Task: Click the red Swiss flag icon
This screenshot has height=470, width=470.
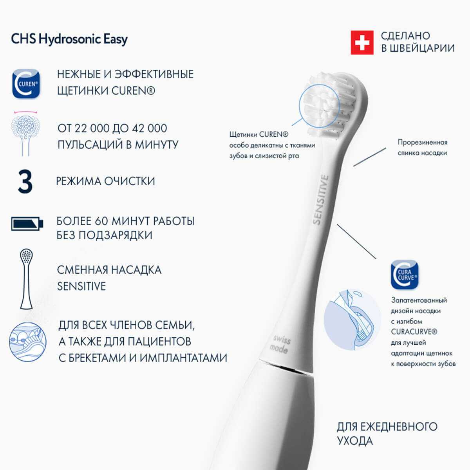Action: point(362,42)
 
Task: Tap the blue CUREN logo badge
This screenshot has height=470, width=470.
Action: point(26,84)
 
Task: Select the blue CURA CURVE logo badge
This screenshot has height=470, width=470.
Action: point(404,275)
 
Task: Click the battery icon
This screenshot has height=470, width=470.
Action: point(27,224)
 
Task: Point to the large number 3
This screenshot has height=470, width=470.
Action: point(25,182)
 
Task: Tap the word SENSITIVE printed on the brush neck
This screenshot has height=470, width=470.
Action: point(321,199)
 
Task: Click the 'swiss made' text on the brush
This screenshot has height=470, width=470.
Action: point(280,344)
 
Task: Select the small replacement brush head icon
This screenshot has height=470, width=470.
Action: point(26,279)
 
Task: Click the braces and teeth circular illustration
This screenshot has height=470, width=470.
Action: point(27,342)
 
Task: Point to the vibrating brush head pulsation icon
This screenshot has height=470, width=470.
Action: point(25,134)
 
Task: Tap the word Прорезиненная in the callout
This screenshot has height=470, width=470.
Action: point(423,142)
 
